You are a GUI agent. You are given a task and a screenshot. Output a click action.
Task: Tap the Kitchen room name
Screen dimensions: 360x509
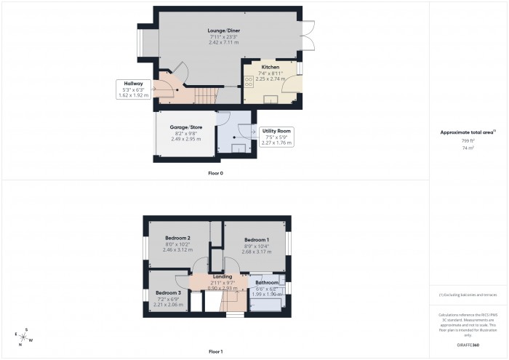(x=270, y=67)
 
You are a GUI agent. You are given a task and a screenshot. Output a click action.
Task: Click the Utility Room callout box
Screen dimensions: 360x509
(x=276, y=137)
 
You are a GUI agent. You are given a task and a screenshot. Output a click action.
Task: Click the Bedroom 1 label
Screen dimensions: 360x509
(x=257, y=240)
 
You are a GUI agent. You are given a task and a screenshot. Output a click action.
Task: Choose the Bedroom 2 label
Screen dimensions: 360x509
(x=177, y=239)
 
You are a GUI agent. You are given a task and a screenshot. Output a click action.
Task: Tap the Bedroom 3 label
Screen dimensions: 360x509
(x=168, y=292)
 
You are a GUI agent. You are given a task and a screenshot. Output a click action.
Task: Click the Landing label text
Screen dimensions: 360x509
(x=223, y=277)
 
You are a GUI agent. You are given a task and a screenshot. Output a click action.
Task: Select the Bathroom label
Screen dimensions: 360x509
(x=266, y=282)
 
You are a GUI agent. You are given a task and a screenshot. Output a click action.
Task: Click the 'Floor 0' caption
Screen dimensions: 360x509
(x=216, y=173)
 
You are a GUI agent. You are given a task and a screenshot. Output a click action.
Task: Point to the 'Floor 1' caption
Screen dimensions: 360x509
(x=216, y=351)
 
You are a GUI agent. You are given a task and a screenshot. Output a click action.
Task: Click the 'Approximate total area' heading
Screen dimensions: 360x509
(x=468, y=132)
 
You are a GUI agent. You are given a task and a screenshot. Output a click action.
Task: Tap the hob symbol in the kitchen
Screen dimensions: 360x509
(x=249, y=82)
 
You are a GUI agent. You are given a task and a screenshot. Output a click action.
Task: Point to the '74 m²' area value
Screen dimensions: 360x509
(x=468, y=148)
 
